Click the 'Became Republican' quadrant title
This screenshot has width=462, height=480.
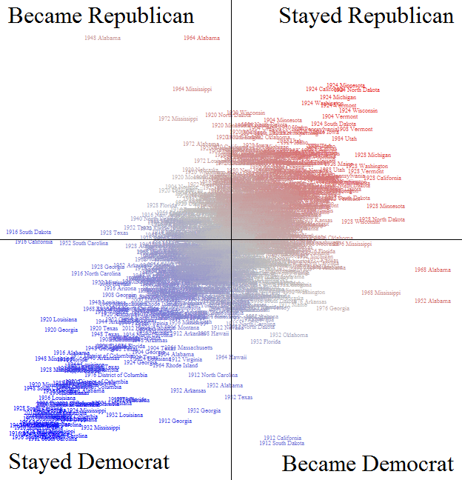(101, 16)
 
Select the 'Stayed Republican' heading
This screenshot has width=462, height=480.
(366, 16)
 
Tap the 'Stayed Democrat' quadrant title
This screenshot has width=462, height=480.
(89, 462)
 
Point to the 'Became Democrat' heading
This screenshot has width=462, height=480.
(368, 464)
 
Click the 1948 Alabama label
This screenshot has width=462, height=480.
(102, 37)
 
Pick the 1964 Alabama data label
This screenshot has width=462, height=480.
(201, 38)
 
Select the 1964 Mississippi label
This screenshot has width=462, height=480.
(192, 89)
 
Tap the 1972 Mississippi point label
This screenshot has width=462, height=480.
(178, 119)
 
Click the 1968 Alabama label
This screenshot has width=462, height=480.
(432, 270)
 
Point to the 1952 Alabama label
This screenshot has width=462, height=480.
(432, 301)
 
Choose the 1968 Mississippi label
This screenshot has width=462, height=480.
(381, 293)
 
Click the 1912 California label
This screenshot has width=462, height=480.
(282, 437)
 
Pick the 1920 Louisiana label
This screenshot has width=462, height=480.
(58, 319)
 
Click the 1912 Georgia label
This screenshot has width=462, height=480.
(175, 421)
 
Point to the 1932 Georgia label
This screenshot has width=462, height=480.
(204, 410)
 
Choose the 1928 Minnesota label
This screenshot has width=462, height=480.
(386, 206)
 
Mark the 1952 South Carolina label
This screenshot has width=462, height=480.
(84, 243)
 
